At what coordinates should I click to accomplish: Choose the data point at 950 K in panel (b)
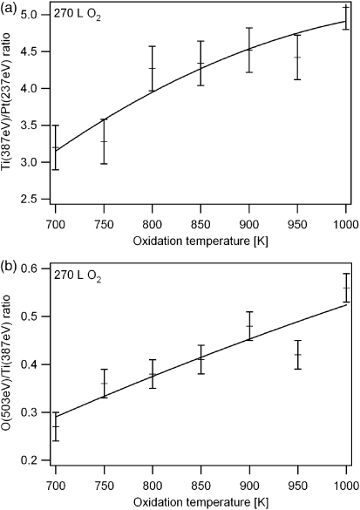(297, 354)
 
